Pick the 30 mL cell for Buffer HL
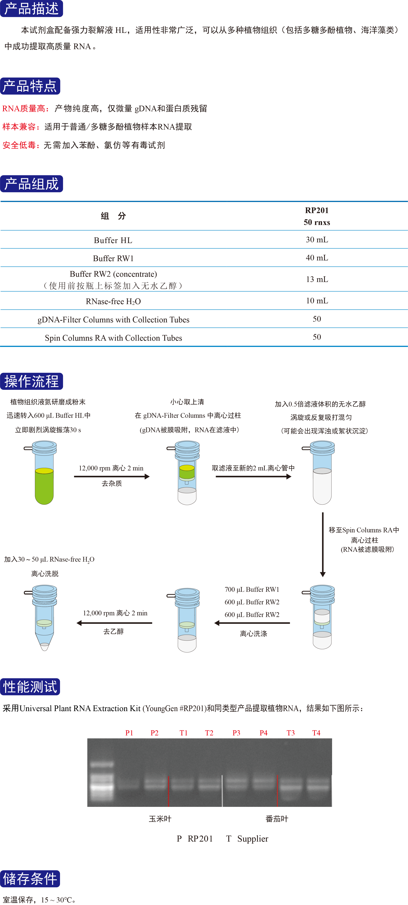click(317, 240)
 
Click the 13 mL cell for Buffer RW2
click(317, 279)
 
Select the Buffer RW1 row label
click(113, 258)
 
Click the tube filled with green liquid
click(44, 474)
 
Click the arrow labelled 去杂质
click(112, 476)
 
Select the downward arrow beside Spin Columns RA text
click(323, 545)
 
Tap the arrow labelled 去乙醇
click(114, 623)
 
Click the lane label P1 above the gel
click(129, 732)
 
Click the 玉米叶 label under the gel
click(160, 819)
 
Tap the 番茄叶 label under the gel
click(277, 819)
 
